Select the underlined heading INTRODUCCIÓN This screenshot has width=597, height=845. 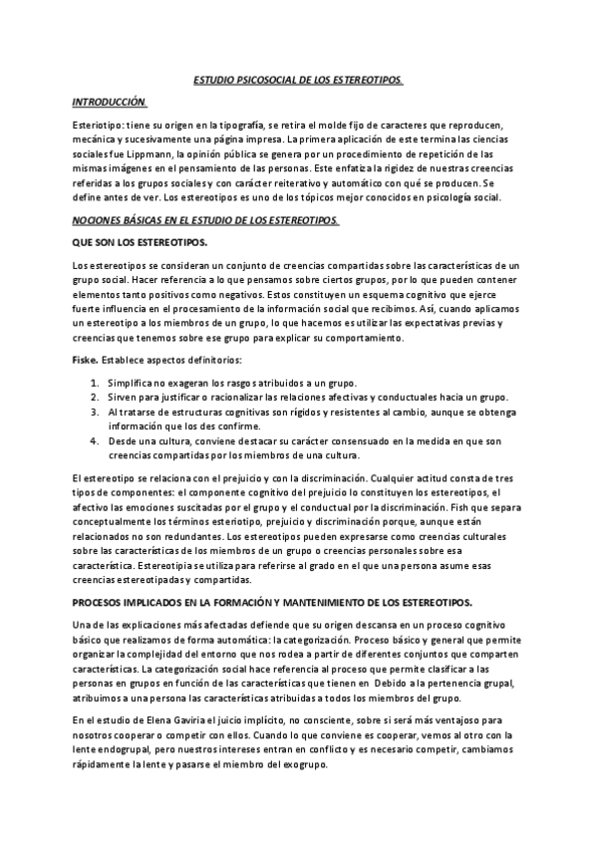[110, 103]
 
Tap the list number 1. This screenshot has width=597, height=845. [93, 383]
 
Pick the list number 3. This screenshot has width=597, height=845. [93, 411]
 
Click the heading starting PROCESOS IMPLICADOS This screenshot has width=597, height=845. [272, 602]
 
